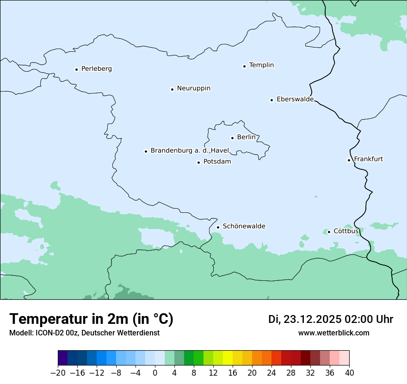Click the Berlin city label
click(x=246, y=137)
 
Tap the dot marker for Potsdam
click(x=198, y=162)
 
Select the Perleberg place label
click(x=96, y=68)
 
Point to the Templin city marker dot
click(x=244, y=66)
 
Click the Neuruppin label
click(x=193, y=88)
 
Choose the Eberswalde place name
click(x=295, y=99)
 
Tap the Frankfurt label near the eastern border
click(x=368, y=159)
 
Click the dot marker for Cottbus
click(x=329, y=232)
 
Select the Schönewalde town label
click(x=244, y=226)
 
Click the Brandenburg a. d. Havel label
click(x=190, y=150)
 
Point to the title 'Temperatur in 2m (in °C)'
click(x=91, y=319)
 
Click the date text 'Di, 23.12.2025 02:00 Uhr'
click(x=331, y=319)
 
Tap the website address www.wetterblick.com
click(x=333, y=333)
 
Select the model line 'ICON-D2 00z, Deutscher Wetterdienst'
click(x=84, y=333)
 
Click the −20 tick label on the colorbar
click(x=58, y=373)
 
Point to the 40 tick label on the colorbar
click(x=349, y=373)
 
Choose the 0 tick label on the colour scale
click(x=155, y=373)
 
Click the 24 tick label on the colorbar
click(x=271, y=373)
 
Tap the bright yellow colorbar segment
click(x=228, y=358)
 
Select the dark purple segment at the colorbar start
click(x=63, y=358)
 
